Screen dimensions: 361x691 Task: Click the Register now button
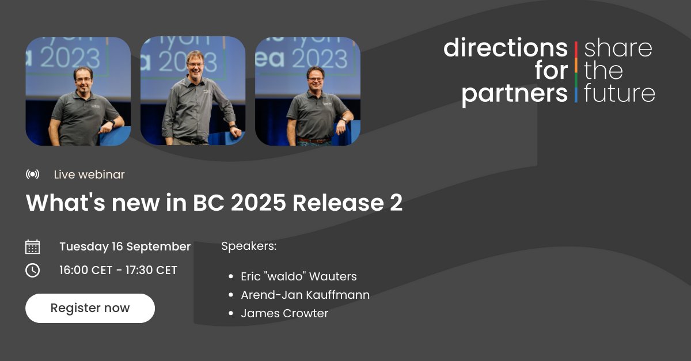(x=90, y=308)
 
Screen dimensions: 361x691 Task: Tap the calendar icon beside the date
(x=33, y=247)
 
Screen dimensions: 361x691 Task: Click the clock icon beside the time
(x=33, y=270)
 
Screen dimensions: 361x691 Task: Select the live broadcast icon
(x=33, y=174)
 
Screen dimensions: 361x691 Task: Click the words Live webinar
(x=89, y=174)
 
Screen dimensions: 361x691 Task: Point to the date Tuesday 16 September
(x=125, y=246)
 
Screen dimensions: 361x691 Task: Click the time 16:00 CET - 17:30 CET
(x=118, y=270)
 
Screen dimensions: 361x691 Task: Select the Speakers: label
(x=249, y=246)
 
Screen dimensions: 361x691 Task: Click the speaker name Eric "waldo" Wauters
(x=299, y=276)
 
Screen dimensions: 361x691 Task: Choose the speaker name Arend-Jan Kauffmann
(x=305, y=295)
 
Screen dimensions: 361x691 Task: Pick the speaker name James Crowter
(x=284, y=313)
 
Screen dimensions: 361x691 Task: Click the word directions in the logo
(x=505, y=48)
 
